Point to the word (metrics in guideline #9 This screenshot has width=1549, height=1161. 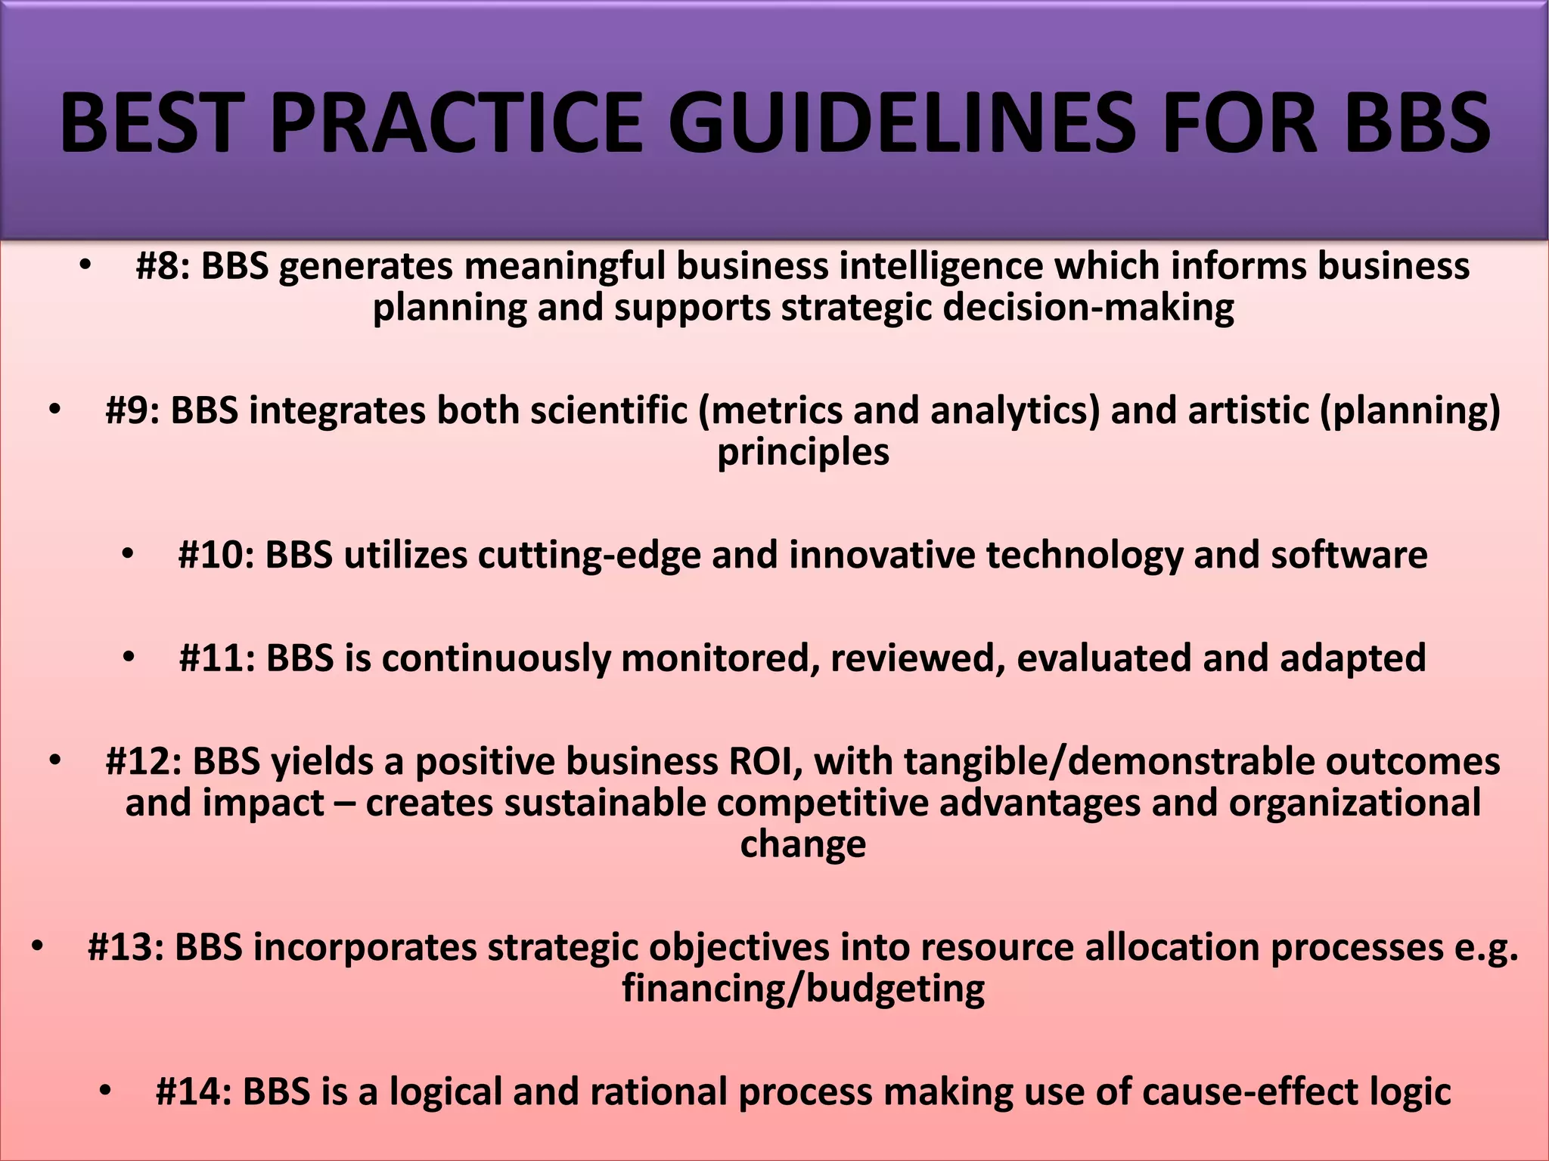[x=770, y=411]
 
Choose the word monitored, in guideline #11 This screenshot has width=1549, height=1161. [x=720, y=658]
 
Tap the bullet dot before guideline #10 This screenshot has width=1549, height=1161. [x=128, y=555]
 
